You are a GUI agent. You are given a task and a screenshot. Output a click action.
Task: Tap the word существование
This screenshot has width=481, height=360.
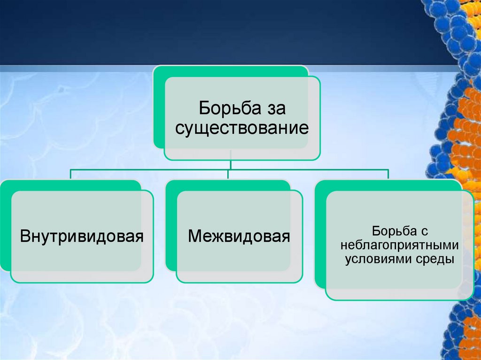click(242, 128)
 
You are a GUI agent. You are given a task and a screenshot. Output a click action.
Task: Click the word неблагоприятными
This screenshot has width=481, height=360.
click(399, 245)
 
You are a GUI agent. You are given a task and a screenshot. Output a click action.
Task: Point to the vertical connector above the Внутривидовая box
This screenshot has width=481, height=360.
click(70, 174)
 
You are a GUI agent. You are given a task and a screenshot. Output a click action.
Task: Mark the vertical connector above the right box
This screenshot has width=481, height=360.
click(388, 174)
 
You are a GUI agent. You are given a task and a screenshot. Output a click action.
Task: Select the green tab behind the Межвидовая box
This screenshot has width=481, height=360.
click(171, 225)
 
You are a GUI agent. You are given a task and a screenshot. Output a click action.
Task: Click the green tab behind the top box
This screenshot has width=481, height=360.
click(158, 108)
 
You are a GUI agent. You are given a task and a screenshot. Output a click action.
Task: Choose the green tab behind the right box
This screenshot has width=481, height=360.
click(320, 235)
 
